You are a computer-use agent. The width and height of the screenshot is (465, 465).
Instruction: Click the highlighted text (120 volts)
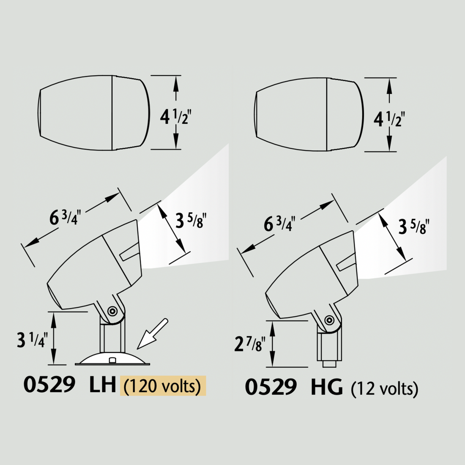click(x=162, y=386)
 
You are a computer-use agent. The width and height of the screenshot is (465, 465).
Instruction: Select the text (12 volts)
click(x=385, y=388)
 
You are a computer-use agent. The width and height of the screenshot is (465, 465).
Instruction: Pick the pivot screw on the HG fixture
click(x=329, y=320)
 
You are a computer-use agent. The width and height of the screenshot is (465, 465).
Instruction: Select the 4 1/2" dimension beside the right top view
click(x=389, y=120)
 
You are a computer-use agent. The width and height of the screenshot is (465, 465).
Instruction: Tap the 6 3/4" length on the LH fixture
click(x=65, y=218)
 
